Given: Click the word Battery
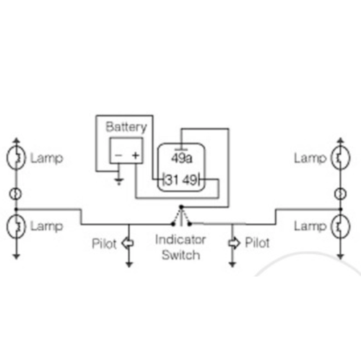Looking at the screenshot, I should tap(126, 127).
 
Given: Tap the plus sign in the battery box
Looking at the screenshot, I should tap(135, 154).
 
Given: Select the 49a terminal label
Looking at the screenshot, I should tap(181, 157).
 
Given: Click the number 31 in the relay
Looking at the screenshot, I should tap(173, 180).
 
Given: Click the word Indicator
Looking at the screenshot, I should tap(181, 240).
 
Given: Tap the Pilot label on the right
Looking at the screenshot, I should tap(258, 244).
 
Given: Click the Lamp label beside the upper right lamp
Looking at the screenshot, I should tap(310, 158).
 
